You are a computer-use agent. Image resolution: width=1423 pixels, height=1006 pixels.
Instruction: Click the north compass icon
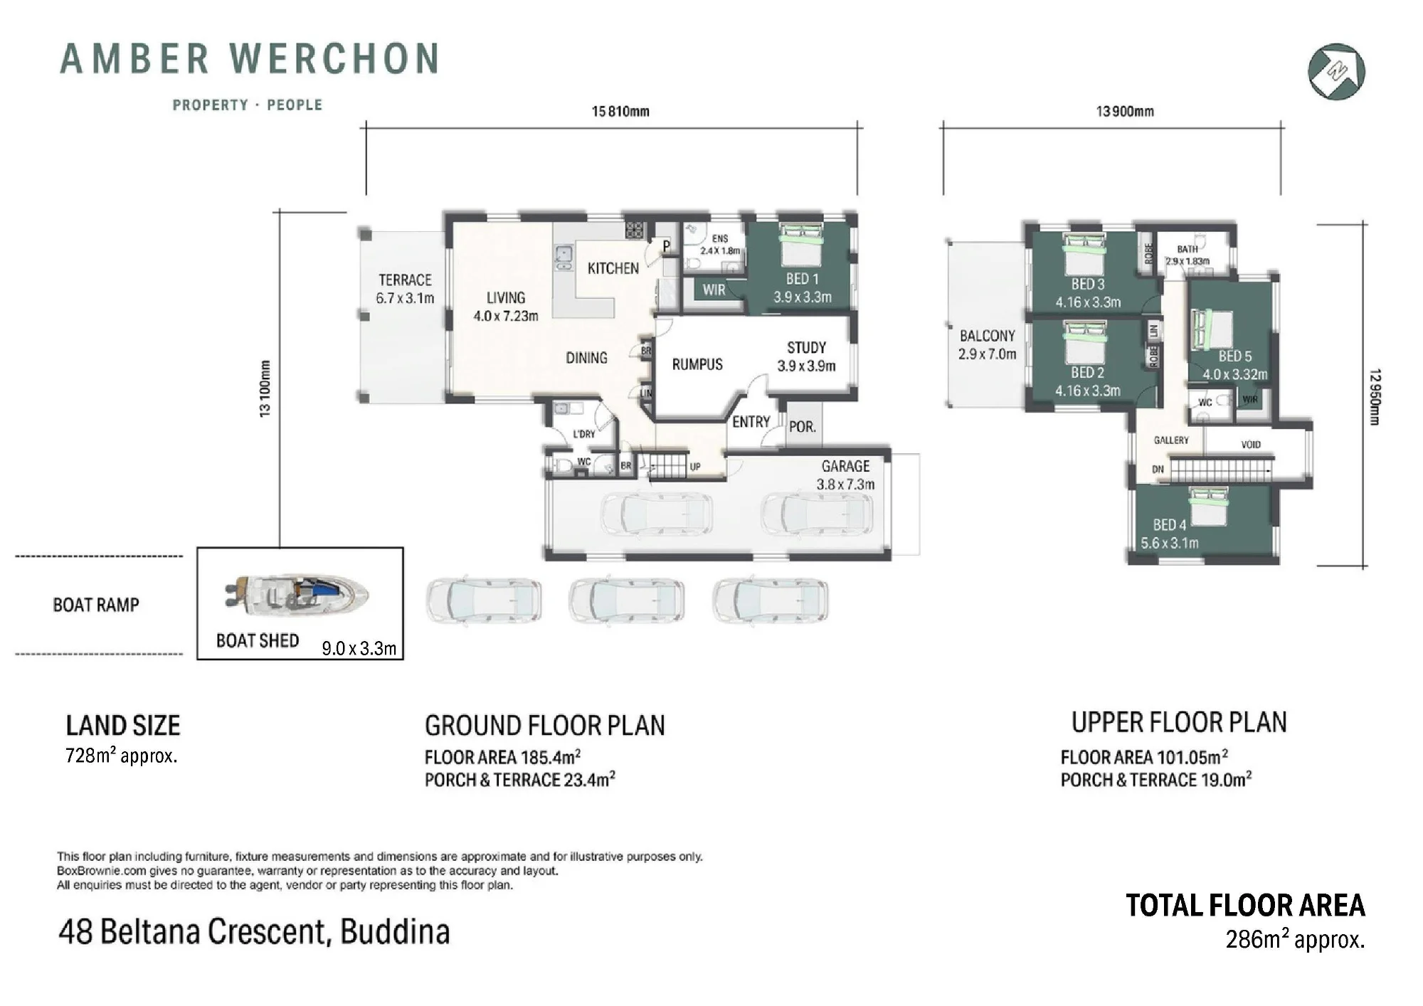(1336, 71)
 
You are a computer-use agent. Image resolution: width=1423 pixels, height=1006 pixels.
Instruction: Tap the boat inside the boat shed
(297, 593)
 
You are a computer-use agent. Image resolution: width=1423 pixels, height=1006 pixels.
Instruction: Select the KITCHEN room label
(613, 268)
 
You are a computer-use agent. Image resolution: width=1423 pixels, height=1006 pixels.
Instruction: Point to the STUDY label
(806, 348)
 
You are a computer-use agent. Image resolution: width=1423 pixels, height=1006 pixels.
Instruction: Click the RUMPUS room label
(697, 364)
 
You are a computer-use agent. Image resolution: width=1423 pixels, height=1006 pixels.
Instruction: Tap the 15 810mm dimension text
(620, 111)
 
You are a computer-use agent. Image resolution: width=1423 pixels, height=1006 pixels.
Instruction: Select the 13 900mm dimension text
(1125, 111)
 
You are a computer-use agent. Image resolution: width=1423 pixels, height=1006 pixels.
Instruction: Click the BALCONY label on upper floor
(987, 336)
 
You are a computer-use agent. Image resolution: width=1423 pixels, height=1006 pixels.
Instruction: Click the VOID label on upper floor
(1250, 445)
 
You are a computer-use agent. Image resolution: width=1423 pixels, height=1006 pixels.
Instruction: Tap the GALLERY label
(1170, 440)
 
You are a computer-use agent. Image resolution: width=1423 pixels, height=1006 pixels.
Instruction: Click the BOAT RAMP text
(96, 605)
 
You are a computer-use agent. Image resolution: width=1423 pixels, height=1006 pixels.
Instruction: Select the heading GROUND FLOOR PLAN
(544, 726)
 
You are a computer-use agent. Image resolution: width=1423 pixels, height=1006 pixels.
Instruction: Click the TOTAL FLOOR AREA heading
(1245, 906)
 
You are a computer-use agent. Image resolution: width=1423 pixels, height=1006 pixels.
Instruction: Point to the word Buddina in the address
(395, 932)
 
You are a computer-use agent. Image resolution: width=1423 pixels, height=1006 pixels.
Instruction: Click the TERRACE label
(405, 280)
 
